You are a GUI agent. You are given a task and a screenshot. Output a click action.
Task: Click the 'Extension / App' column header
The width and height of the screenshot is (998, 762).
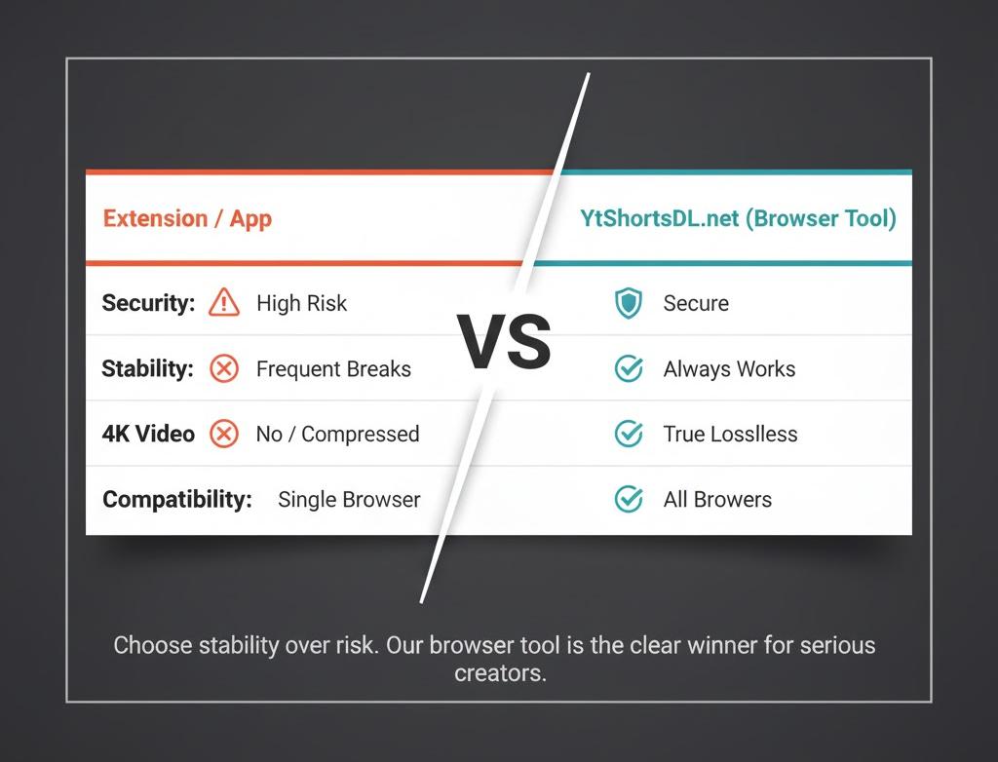pos(187,218)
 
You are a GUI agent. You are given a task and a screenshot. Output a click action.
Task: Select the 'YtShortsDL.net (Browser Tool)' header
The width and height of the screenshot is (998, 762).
pos(738,218)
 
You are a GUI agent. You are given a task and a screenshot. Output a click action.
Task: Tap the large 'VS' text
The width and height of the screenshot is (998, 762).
pos(505,344)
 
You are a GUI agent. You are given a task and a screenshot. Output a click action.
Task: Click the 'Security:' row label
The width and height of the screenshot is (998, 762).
pos(148,303)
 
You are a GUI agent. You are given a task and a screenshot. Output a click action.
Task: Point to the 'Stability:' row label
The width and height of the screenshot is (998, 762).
pos(147,369)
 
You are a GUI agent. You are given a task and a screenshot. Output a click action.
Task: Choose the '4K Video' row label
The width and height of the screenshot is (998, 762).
pos(148,434)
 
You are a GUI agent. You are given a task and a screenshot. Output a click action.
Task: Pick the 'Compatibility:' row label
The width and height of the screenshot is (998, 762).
pos(176,500)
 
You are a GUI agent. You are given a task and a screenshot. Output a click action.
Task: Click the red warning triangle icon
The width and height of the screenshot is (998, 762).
pos(224,303)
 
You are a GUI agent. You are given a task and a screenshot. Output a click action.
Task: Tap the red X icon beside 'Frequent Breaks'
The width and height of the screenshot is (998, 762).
pos(224,369)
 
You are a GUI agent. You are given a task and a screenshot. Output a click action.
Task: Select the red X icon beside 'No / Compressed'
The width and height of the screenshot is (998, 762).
pos(224,434)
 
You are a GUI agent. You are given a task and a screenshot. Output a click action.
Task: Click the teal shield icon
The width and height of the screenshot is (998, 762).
pos(629,304)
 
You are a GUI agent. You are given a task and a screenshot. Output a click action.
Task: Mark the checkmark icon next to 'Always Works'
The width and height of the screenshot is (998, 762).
pos(629,369)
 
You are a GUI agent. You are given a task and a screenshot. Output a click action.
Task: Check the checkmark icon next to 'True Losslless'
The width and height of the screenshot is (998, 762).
pos(629,434)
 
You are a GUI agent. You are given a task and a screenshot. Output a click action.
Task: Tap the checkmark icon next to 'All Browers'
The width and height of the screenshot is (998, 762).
pos(629,500)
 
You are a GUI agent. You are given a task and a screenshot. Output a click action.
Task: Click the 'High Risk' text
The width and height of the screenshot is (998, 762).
pos(301,303)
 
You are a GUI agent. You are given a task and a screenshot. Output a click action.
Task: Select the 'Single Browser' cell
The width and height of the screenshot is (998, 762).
pos(349,500)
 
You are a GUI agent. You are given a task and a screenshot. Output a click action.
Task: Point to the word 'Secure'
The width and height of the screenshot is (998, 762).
pos(696,304)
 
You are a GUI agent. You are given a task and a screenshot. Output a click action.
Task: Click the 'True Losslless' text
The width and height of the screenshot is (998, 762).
pos(730,435)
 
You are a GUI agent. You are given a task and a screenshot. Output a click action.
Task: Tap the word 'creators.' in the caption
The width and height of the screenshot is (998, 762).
pos(500,673)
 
